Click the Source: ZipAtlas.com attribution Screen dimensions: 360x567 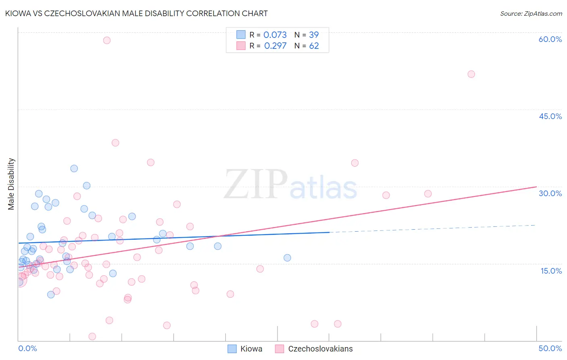coord(531,13)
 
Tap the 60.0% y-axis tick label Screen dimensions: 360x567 coord(550,39)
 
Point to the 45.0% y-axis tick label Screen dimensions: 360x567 coord(550,116)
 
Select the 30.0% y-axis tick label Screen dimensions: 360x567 coord(550,193)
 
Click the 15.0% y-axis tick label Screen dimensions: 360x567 coord(551,271)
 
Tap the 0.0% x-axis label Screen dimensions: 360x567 coord(27,348)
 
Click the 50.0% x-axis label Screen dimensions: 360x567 coord(550,348)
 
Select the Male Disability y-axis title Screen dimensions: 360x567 coord(11,184)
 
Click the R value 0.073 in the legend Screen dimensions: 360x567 coord(275,35)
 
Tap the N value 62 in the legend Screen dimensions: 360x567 coord(314,46)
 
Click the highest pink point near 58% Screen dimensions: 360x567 coord(107,40)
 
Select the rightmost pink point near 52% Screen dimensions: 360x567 coord(471,74)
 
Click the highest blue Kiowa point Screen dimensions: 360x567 coord(74,169)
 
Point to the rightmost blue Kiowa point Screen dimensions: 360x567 coord(287,258)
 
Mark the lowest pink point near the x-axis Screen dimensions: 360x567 coord(92,337)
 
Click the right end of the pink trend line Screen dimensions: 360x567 coord(536,187)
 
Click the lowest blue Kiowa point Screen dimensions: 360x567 coord(51,295)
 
